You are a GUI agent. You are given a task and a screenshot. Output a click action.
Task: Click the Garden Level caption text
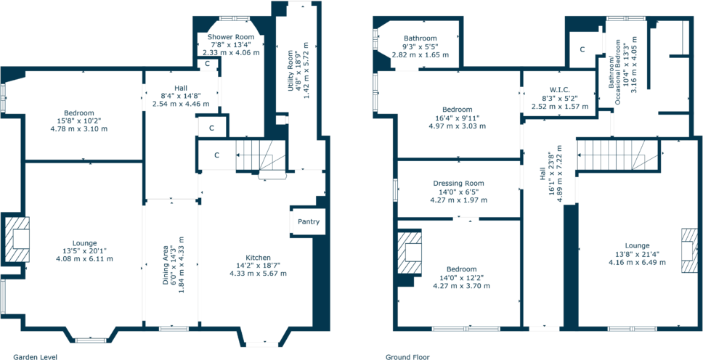(x=28, y=356)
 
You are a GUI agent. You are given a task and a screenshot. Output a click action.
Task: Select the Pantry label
(x=307, y=222)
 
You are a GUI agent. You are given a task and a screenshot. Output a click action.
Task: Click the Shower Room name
(x=230, y=37)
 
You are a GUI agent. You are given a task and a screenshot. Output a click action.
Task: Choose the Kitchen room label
(x=258, y=258)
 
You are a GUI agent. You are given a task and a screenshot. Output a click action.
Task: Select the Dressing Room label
(x=458, y=184)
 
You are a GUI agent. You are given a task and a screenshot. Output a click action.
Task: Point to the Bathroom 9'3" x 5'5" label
(x=420, y=38)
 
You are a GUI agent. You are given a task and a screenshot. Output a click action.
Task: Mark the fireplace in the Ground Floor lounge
(x=689, y=250)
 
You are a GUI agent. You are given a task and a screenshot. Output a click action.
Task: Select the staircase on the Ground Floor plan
(x=614, y=155)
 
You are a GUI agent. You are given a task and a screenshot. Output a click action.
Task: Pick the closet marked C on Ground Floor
(x=582, y=49)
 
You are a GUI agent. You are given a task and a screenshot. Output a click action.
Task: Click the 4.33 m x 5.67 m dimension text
(x=258, y=274)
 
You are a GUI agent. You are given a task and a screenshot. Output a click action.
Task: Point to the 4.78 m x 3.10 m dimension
(x=78, y=128)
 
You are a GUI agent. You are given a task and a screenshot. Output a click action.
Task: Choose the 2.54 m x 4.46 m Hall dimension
(x=181, y=104)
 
